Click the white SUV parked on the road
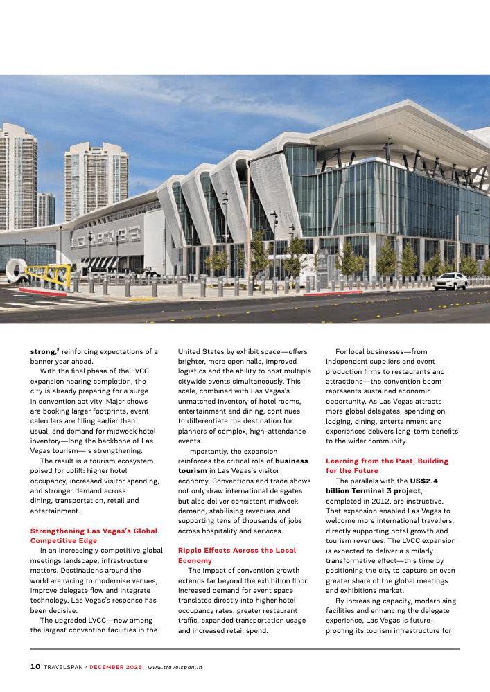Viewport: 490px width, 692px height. (x=450, y=281)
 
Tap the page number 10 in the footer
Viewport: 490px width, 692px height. (x=35, y=667)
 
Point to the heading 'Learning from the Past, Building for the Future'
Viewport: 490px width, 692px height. (x=387, y=465)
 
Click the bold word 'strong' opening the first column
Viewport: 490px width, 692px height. (x=42, y=351)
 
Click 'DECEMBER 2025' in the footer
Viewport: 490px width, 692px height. (x=116, y=667)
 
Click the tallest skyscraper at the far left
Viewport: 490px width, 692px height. (x=18, y=177)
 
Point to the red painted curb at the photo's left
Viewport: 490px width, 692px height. (x=42, y=292)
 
